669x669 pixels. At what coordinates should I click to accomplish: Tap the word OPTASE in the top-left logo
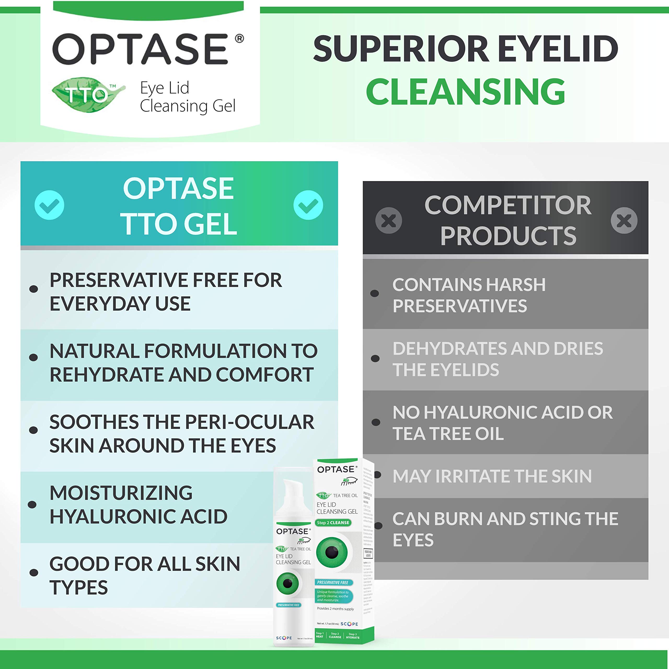[x=140, y=49]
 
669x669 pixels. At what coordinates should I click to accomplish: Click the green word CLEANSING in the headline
[x=465, y=91]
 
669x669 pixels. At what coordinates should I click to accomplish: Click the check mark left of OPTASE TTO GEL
[x=49, y=205]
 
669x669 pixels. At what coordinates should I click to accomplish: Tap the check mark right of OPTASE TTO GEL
[x=308, y=205]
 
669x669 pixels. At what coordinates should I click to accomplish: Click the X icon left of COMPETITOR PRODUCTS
[x=389, y=221]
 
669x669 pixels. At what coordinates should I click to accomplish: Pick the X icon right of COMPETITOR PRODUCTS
[x=624, y=221]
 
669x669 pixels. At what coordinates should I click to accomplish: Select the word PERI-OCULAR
[x=249, y=422]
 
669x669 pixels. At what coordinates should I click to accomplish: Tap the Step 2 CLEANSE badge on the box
[x=333, y=523]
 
